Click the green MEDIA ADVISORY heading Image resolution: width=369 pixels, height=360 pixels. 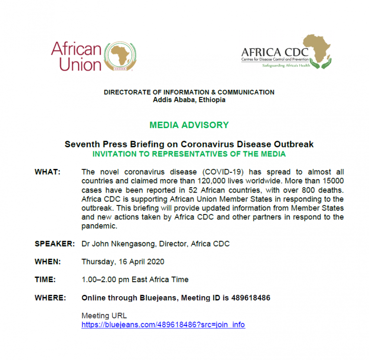pyautogui.click(x=189, y=125)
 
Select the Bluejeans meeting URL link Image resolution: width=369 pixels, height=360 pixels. pyautogui.click(x=163, y=324)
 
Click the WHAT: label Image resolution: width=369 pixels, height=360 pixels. pyautogui.click(x=48, y=172)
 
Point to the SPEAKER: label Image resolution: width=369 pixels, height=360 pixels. pyautogui.click(x=54, y=244)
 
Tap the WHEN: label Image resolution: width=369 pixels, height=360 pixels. pyautogui.click(x=48, y=262)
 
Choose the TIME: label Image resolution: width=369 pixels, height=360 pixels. pyautogui.click(x=45, y=279)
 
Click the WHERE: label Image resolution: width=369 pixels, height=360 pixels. pyautogui.click(x=50, y=298)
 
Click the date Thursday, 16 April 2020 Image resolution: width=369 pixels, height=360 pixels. pyautogui.click(x=123, y=262)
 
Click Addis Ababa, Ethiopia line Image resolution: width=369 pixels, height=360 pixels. pyautogui.click(x=189, y=100)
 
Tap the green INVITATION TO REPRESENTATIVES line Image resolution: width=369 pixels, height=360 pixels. pyautogui.click(x=189, y=154)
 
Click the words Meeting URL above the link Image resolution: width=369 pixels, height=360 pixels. pyautogui.click(x=104, y=315)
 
